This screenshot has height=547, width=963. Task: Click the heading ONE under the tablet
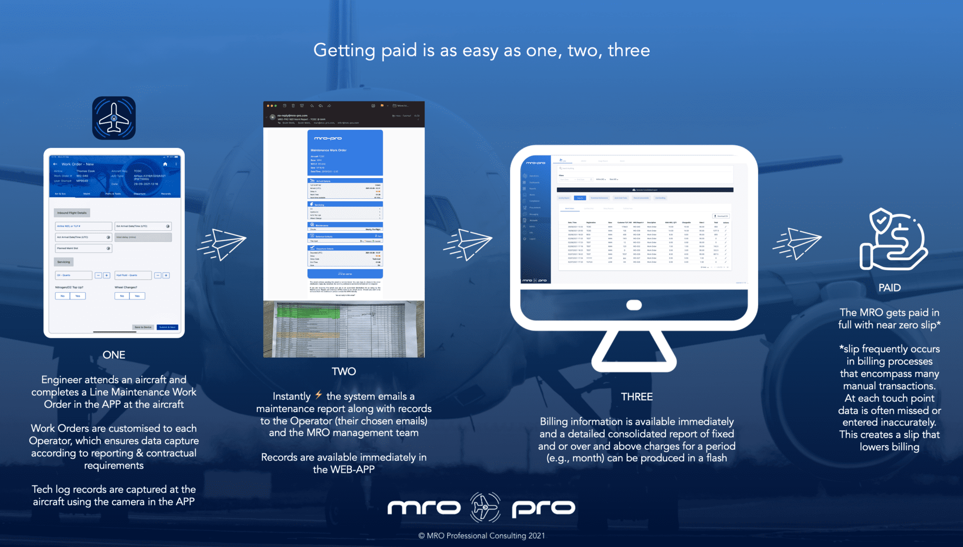tap(114, 355)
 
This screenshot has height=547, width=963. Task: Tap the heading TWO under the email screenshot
tap(344, 371)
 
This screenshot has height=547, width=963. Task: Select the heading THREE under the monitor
tap(637, 397)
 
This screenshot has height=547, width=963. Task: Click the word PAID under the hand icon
tap(890, 288)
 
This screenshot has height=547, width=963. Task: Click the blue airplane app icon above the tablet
tap(114, 118)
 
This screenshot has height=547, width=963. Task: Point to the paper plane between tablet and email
tap(222, 243)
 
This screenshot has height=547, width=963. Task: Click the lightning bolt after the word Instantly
tap(319, 395)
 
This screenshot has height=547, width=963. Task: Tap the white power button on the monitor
tap(634, 305)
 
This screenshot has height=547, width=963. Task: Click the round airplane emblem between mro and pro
tap(485, 508)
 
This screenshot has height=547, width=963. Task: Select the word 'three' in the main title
tap(629, 50)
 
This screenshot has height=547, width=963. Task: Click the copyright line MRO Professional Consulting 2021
tap(481, 536)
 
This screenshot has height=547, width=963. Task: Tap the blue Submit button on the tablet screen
tap(167, 327)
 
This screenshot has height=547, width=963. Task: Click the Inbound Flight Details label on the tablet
tap(72, 213)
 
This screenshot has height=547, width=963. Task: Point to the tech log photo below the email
tap(344, 329)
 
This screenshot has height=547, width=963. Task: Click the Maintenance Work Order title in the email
tap(329, 150)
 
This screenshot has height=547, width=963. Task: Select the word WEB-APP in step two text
tap(353, 469)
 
